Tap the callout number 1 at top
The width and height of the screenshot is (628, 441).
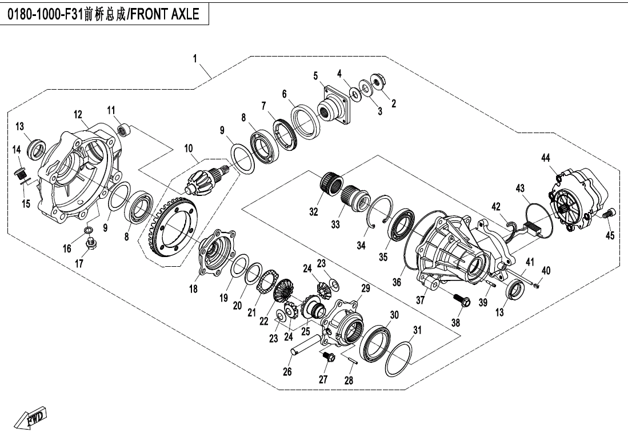coord(195,59)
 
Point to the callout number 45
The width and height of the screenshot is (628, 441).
coord(610,236)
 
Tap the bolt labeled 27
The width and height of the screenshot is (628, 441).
coord(328,358)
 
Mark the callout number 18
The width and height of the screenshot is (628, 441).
coord(194,290)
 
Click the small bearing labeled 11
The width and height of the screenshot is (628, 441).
coord(121,130)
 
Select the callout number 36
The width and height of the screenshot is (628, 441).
coord(397,282)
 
